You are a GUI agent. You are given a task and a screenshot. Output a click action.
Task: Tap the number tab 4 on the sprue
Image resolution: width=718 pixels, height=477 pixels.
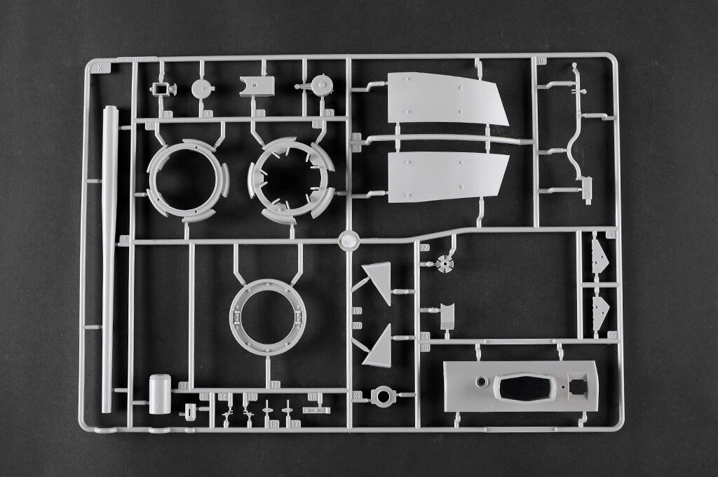[261, 113]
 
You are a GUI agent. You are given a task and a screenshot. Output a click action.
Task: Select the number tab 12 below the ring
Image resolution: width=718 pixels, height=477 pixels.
[274, 385]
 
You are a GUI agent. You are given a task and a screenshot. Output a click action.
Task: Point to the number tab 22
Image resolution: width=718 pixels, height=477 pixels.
[424, 248]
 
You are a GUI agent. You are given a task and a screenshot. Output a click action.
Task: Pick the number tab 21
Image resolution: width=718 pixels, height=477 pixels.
[358, 396]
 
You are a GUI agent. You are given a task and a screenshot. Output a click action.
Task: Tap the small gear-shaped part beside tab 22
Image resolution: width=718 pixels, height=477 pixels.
[445, 264]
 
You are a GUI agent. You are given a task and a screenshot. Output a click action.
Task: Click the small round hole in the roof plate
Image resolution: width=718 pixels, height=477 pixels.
[482, 382]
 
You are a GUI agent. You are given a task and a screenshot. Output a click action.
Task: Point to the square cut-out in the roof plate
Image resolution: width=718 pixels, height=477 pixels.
[578, 386]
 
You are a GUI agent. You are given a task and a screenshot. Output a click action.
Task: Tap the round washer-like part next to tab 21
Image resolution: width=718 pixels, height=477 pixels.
[383, 396]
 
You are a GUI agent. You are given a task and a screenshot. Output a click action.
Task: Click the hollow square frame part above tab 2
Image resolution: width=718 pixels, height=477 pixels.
[163, 89]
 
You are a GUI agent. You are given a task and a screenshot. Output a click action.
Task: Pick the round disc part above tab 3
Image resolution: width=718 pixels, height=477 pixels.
[202, 89]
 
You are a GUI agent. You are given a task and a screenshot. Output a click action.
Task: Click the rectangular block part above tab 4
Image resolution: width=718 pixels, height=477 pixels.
[257, 86]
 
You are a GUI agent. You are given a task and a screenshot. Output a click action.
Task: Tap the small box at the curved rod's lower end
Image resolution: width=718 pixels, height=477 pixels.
[586, 189]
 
